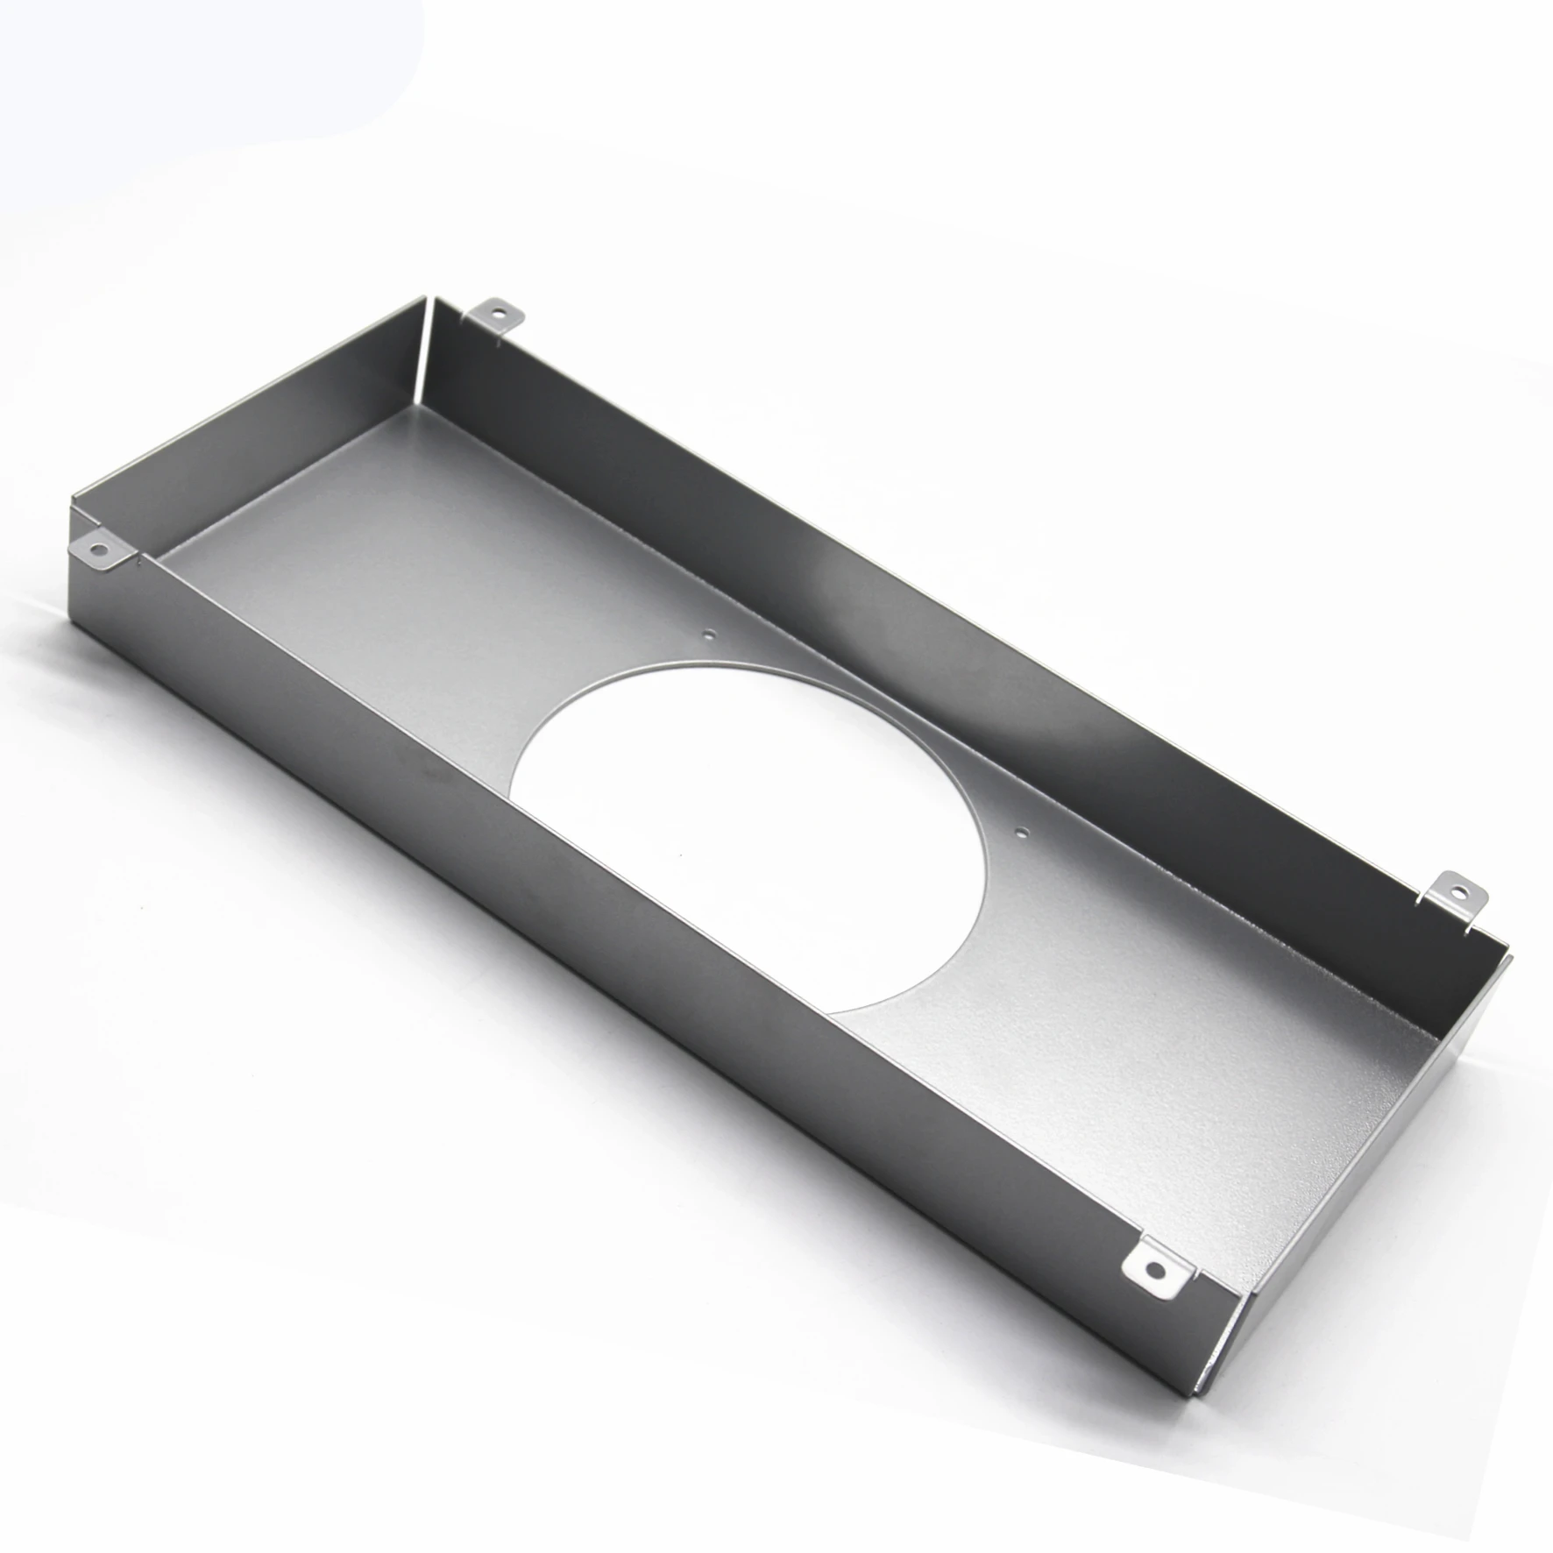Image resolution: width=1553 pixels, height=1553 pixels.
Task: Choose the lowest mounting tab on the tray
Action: (x=1157, y=1267)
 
